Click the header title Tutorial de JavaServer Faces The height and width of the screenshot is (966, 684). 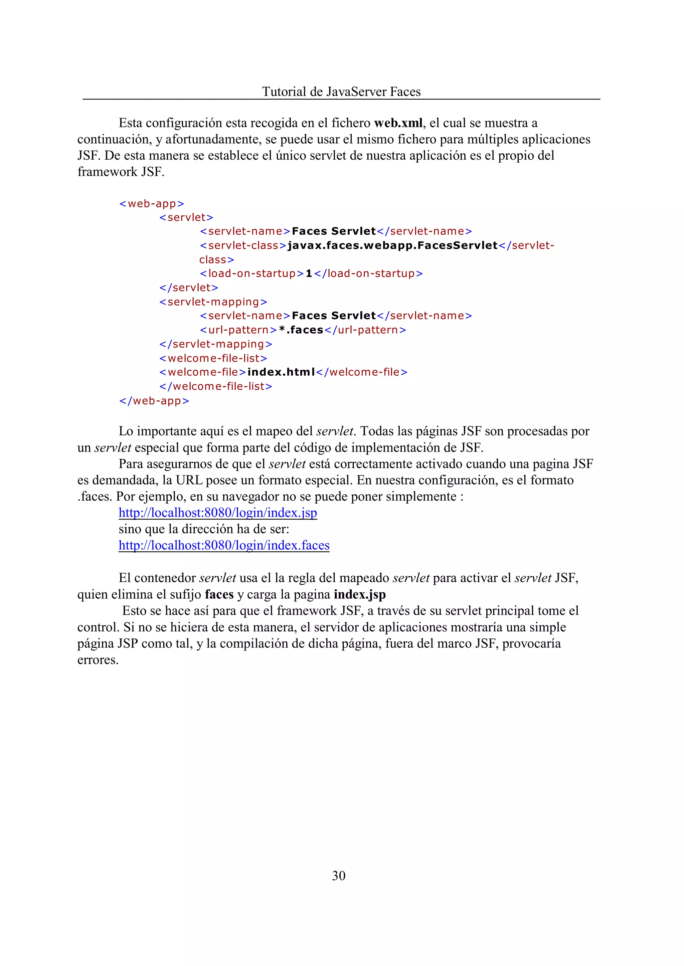(x=341, y=92)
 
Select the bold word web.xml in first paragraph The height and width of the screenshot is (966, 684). (x=398, y=123)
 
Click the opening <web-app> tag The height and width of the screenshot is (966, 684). (x=152, y=204)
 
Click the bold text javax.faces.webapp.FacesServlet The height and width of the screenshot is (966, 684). (x=392, y=245)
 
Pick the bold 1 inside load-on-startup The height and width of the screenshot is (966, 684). (x=309, y=274)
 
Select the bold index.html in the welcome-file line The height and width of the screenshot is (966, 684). (x=281, y=372)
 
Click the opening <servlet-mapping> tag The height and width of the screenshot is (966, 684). (x=213, y=302)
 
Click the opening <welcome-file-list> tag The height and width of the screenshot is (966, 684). (x=213, y=358)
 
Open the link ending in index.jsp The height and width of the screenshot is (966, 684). (x=217, y=513)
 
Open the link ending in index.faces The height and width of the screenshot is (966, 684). (x=224, y=545)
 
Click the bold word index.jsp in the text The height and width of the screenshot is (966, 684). (x=359, y=595)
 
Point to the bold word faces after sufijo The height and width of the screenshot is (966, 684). (x=219, y=595)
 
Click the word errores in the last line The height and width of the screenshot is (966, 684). (x=98, y=660)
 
